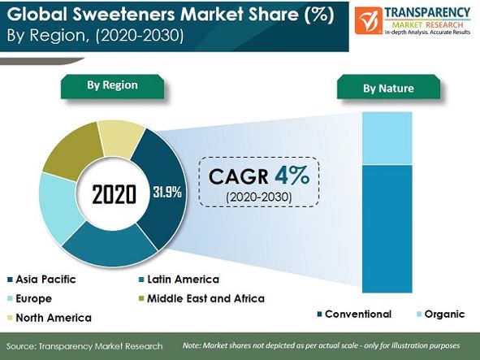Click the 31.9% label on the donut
(x=167, y=193)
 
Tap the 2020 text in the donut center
(x=114, y=194)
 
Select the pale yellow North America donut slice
(x=121, y=139)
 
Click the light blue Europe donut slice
(x=58, y=208)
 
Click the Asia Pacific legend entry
(x=41, y=280)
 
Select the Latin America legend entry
(x=179, y=280)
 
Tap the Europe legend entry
(x=30, y=299)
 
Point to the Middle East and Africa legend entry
(x=201, y=299)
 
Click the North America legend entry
(x=50, y=318)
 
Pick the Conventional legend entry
(x=354, y=314)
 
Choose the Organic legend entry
(x=441, y=314)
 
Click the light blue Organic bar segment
(x=387, y=138)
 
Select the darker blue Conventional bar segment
(x=387, y=229)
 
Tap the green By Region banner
(x=112, y=86)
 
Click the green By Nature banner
(x=388, y=87)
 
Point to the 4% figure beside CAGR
(x=292, y=176)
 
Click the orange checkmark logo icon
(x=369, y=20)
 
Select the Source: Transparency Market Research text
(x=84, y=346)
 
